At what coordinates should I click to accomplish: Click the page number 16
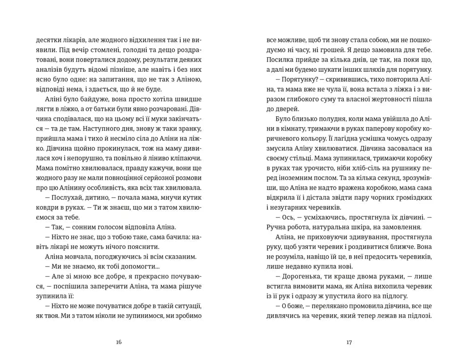tap(119, 342)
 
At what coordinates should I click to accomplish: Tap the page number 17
tap(349, 342)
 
